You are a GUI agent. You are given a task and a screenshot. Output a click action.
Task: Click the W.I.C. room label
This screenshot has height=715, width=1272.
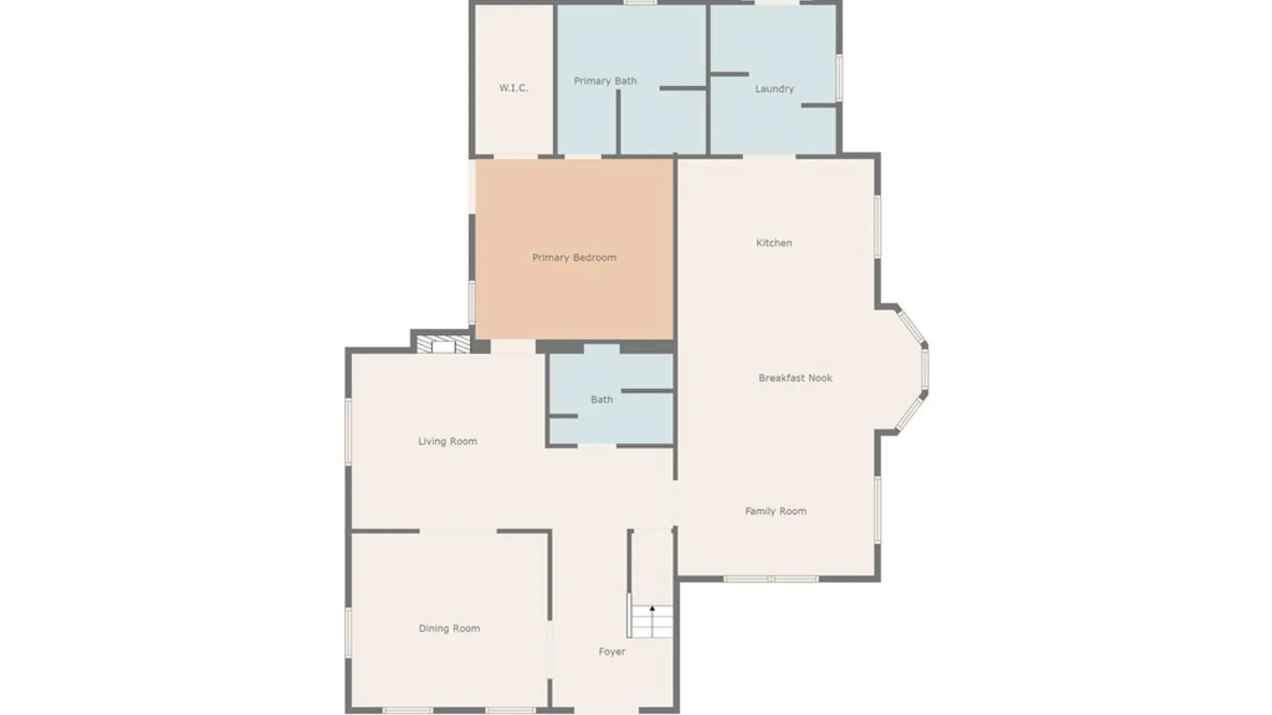tap(513, 88)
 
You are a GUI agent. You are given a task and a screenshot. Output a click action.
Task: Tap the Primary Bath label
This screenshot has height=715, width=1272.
tap(605, 81)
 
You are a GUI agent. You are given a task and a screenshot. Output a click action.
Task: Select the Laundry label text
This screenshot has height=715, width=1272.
tap(774, 89)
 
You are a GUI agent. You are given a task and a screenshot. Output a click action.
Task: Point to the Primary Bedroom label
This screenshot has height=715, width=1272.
tap(574, 258)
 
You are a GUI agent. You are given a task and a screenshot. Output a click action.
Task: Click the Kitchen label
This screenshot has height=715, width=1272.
tap(774, 243)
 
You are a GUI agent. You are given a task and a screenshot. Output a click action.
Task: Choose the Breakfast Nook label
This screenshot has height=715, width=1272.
tap(795, 378)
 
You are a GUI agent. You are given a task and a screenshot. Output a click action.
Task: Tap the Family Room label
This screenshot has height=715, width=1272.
tap(776, 511)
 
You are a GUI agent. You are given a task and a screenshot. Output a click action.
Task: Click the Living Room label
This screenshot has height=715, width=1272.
tap(447, 442)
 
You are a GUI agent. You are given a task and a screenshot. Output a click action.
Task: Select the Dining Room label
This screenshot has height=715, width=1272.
tap(449, 628)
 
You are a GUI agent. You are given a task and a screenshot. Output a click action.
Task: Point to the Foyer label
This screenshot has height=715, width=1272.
tap(611, 652)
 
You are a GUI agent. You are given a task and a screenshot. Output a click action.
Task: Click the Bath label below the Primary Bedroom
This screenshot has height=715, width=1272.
tap(602, 400)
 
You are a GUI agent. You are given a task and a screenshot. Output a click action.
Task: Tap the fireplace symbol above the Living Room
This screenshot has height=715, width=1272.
tap(443, 344)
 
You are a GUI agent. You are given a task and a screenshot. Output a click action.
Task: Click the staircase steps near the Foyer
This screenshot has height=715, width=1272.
tap(652, 622)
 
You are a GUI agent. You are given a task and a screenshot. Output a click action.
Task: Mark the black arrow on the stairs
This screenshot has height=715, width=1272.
tap(652, 608)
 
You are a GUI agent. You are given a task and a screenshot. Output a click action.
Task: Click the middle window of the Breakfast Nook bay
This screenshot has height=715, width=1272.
tap(925, 369)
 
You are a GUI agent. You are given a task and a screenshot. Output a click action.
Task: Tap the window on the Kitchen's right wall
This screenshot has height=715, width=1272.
tap(878, 226)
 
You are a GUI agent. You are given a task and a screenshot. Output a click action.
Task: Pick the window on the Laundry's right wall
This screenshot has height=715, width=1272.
tap(839, 77)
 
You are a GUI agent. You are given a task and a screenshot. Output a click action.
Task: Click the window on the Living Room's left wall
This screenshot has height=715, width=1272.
tap(348, 431)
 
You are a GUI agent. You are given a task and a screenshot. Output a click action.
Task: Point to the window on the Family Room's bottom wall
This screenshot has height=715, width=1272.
tap(770, 579)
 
